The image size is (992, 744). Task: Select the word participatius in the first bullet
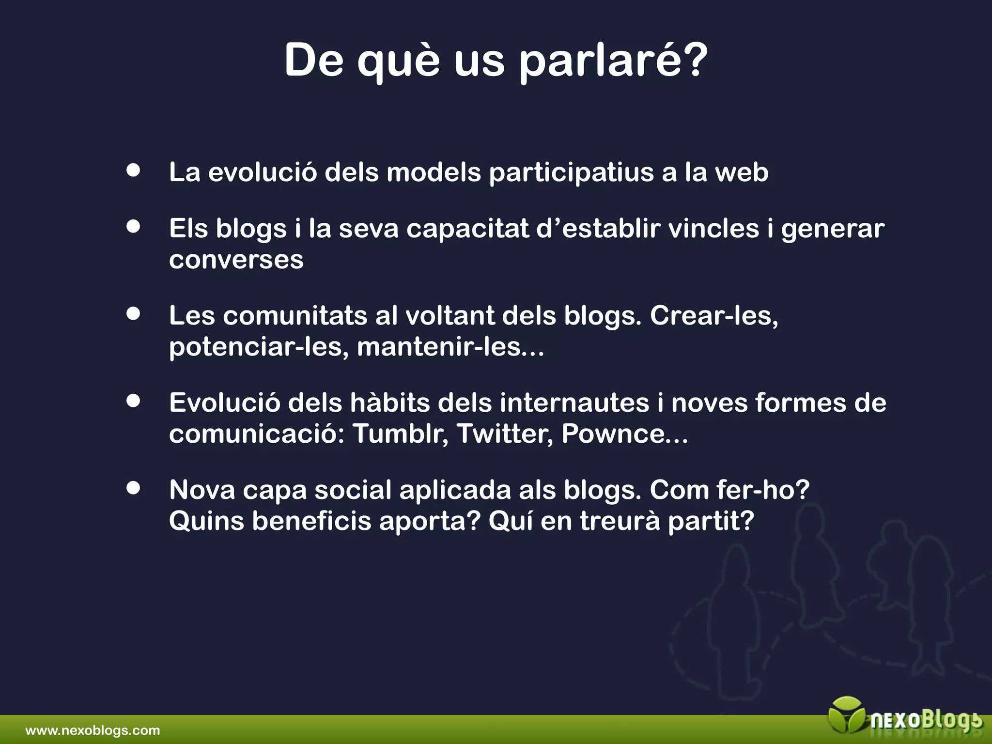[572, 173]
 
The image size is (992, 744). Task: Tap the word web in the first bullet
[742, 172]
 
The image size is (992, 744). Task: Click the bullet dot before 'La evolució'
[133, 170]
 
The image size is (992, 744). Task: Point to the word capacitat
[467, 229]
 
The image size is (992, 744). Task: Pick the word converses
[236, 260]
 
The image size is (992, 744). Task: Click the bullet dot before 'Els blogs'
[133, 226]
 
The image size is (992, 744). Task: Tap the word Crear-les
[713, 316]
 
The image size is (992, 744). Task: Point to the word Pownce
[613, 434]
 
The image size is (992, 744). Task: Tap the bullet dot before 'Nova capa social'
[133, 488]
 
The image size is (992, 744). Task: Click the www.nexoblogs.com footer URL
[93, 730]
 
